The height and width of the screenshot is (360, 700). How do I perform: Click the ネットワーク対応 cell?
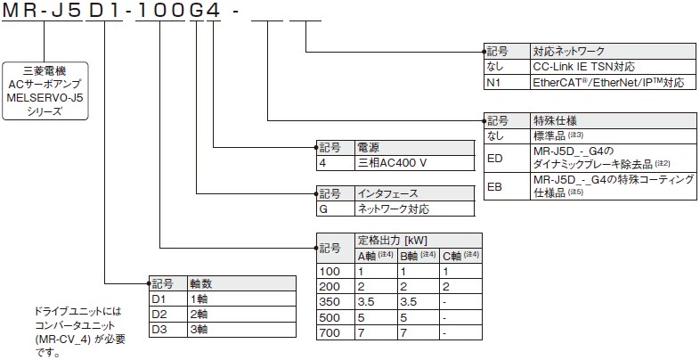(393, 209)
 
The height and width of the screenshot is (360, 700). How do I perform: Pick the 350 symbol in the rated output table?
(330, 302)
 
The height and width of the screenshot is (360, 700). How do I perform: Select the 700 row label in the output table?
(330, 332)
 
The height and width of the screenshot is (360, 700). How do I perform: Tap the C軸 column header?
(460, 254)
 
